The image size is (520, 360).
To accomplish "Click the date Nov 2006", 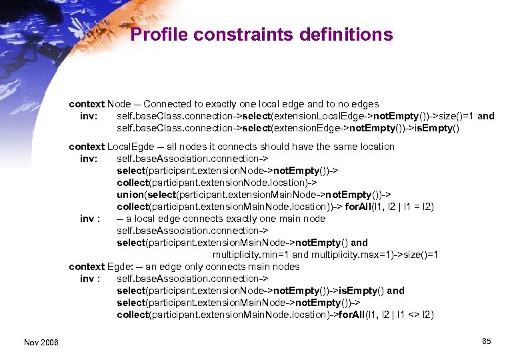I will (41, 342).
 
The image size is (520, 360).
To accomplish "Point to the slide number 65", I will (486, 341).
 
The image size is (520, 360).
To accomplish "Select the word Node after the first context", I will (119, 104).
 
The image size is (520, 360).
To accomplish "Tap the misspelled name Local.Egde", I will (129, 147).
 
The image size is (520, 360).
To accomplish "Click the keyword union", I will (130, 195).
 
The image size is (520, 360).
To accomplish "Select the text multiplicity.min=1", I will (251, 255).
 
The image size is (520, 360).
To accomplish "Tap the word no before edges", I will (335, 104).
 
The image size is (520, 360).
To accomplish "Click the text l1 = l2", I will (415, 207).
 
